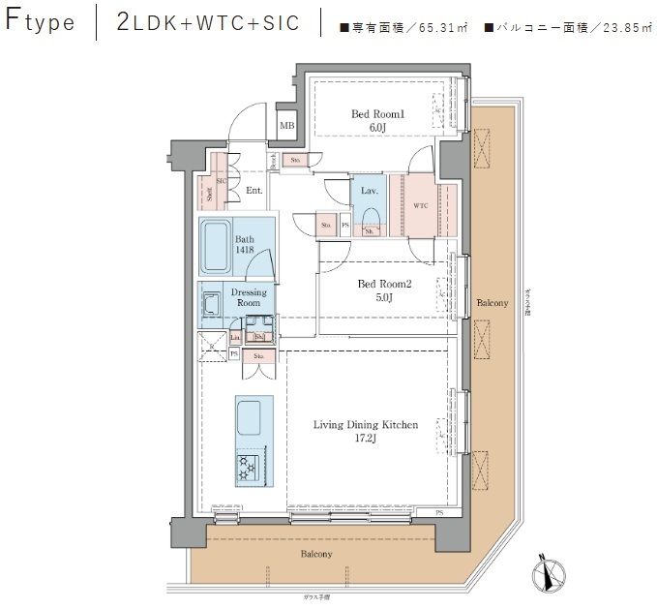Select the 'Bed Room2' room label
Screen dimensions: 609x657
385,284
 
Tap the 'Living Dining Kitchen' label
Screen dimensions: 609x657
366,424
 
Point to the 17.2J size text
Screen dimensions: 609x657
366,439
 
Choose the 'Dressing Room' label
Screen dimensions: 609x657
249,296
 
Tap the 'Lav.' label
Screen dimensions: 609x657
369,192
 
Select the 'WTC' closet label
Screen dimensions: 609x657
420,206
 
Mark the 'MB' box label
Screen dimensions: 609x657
286,126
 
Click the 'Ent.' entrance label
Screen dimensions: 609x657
254,191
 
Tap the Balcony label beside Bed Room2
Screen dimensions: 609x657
492,304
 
